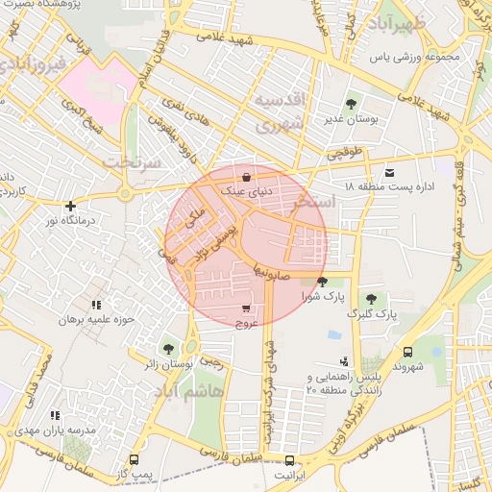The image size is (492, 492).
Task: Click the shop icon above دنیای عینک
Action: pos(247,177)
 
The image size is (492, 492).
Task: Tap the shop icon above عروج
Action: pos(247,309)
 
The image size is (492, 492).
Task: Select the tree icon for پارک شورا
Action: pos(322,281)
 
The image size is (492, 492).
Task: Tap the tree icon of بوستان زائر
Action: pos(169,348)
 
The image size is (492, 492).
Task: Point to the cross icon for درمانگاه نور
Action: pos(69,206)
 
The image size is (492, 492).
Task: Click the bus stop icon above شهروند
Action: pos(407,352)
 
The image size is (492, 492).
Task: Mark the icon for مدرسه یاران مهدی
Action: pos(55,415)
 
